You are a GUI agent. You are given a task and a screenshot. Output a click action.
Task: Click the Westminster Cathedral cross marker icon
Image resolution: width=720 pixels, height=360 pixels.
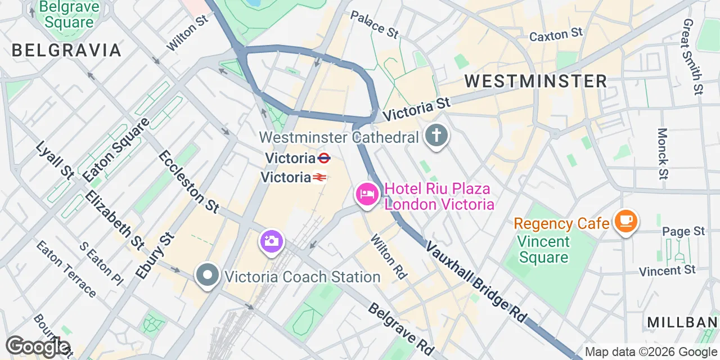point(436,136)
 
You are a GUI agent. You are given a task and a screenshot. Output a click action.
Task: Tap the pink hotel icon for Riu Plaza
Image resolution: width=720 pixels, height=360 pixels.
point(367,196)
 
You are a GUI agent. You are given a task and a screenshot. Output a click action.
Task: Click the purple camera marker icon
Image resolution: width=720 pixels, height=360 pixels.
point(271,242)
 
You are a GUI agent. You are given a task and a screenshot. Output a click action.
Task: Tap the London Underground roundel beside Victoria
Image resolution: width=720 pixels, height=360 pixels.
point(323,158)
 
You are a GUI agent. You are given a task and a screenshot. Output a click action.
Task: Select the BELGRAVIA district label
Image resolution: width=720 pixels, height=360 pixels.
point(66,50)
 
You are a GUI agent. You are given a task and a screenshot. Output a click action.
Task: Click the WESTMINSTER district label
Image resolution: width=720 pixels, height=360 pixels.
point(535,81)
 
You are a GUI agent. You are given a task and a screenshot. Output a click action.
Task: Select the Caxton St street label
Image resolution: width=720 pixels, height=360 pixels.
point(556,35)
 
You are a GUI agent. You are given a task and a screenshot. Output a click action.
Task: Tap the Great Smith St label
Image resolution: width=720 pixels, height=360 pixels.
point(692,56)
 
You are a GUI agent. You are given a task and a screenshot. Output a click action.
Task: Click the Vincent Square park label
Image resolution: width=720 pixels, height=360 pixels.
point(543,250)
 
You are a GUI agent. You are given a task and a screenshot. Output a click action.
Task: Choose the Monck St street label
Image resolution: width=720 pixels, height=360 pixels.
point(663,154)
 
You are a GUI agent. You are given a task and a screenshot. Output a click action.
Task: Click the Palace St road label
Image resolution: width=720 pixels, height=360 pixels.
point(374,24)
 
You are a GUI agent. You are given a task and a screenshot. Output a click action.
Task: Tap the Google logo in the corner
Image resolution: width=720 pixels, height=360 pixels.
point(38,346)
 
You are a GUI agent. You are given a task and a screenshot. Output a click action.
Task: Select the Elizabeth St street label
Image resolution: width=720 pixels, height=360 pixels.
point(115,219)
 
